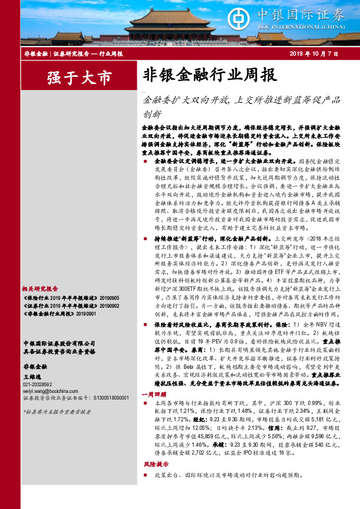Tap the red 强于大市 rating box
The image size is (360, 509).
click(x=79, y=77)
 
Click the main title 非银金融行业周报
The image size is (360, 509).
click(x=209, y=76)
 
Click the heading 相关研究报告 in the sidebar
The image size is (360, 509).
click(x=41, y=289)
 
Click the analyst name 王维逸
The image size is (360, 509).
click(x=34, y=377)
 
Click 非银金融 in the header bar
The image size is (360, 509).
click(x=34, y=54)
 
